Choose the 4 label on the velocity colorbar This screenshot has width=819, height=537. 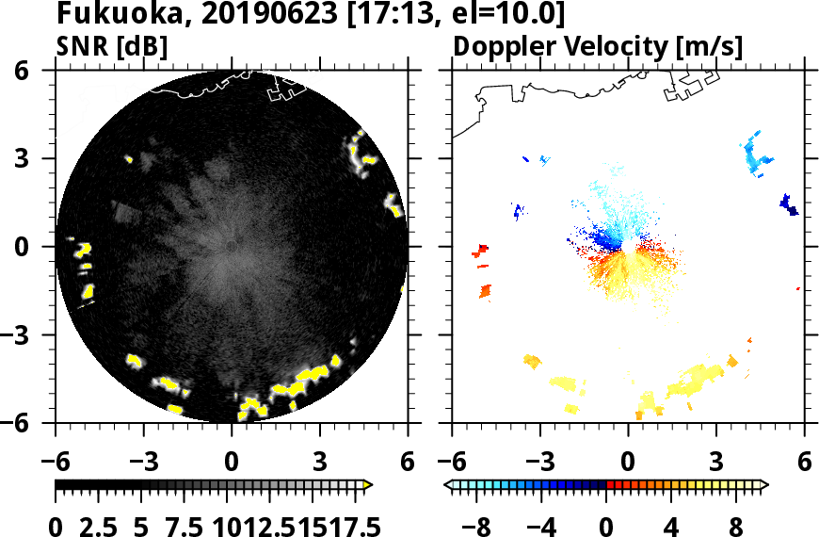(x=672, y=525)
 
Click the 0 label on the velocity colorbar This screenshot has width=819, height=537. (x=607, y=525)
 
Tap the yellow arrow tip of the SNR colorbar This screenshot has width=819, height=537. (x=368, y=485)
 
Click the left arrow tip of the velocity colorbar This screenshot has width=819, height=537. (x=448, y=485)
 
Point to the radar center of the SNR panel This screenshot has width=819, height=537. (x=232, y=247)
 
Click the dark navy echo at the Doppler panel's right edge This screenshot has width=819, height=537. (x=789, y=203)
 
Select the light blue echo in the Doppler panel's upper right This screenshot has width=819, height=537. (x=756, y=155)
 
